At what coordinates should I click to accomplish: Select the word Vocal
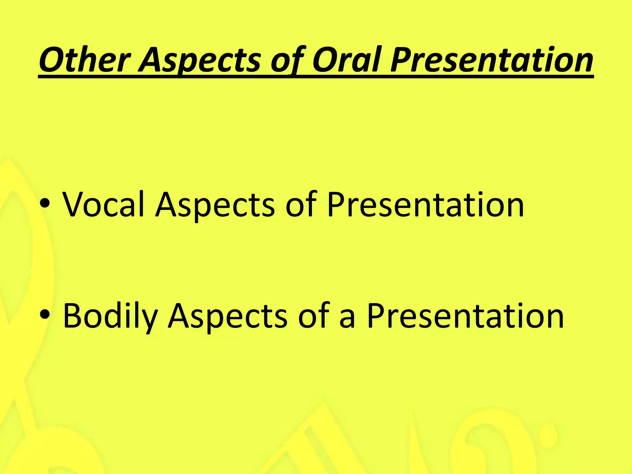click(103, 204)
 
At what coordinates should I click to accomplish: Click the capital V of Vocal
click(74, 204)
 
